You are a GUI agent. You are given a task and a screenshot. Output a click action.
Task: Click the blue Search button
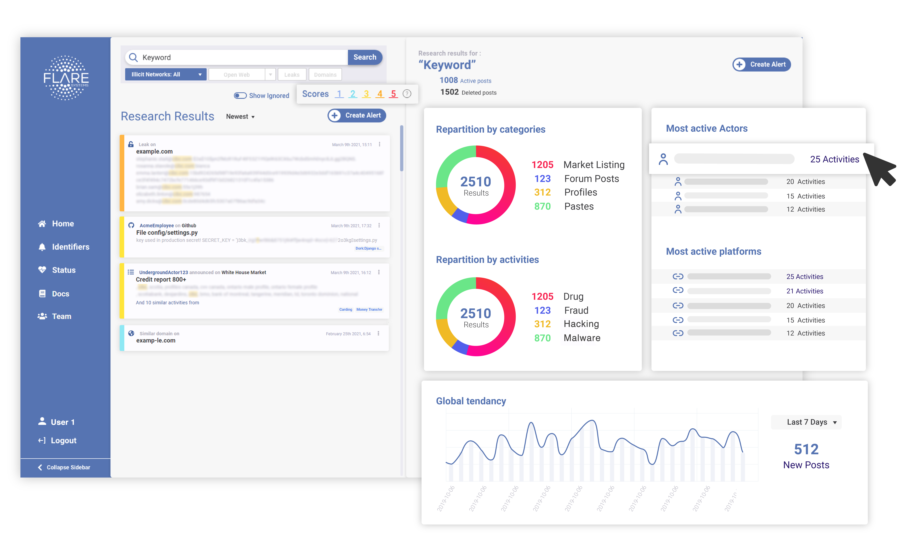click(x=364, y=57)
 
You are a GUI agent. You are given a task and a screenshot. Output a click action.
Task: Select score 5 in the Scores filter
click(x=393, y=94)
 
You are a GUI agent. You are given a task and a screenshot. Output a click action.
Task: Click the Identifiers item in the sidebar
click(x=70, y=247)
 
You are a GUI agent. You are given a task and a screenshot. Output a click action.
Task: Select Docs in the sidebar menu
click(x=60, y=294)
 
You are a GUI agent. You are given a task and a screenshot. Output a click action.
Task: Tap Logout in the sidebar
click(x=63, y=441)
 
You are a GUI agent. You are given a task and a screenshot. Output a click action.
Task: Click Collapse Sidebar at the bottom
click(x=68, y=467)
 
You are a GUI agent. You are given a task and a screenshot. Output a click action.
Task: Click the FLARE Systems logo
click(x=66, y=78)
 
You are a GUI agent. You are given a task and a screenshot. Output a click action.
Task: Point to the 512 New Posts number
click(x=806, y=449)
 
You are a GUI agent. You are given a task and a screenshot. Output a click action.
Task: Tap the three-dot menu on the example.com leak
click(x=379, y=144)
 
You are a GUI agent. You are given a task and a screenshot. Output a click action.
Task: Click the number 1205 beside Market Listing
click(x=542, y=165)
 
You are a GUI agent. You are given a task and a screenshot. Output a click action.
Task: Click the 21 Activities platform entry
click(x=804, y=291)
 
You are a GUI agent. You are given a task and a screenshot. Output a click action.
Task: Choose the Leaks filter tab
click(x=292, y=75)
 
